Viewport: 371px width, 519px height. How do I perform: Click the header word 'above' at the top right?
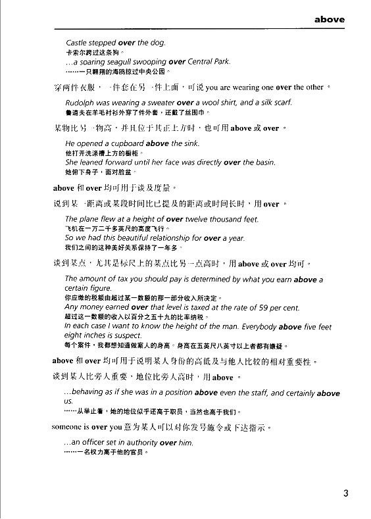(x=329, y=20)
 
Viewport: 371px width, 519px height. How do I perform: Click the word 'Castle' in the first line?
(x=78, y=43)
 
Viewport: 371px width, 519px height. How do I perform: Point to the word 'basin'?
(x=264, y=162)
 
